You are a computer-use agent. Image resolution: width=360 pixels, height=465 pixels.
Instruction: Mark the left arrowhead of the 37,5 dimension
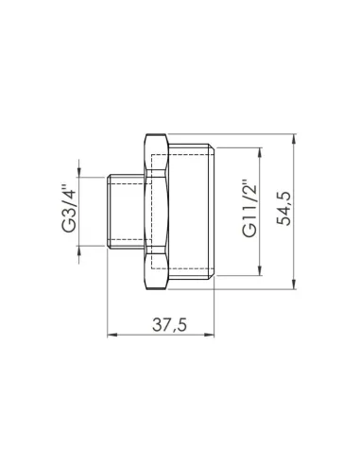point(111,334)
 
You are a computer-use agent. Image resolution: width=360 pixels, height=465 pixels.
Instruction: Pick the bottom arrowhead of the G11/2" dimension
point(250,277)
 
